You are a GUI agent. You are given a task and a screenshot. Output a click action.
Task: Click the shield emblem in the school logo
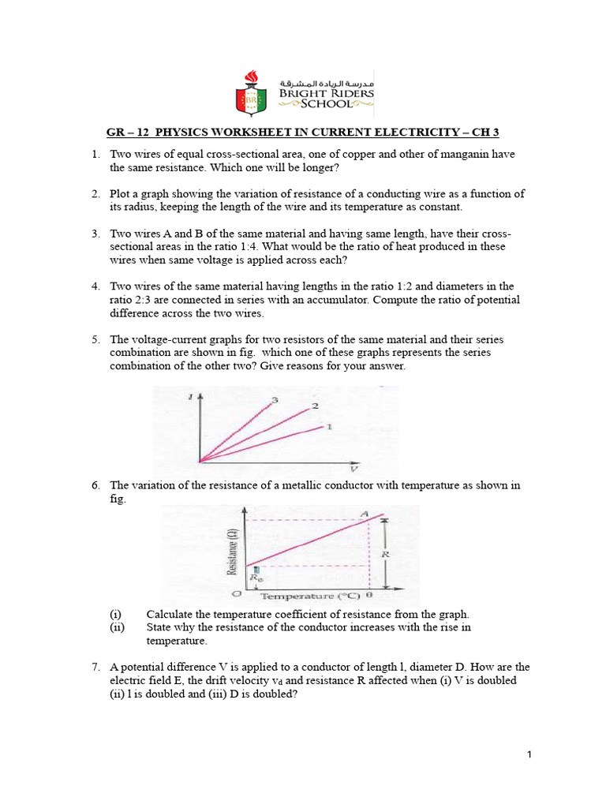pos(252,95)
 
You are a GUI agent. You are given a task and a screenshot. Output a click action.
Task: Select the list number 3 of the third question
pos(95,234)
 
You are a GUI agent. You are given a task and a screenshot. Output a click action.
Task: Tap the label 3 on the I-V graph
pos(275,400)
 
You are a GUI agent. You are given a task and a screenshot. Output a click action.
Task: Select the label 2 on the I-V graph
pos(314,406)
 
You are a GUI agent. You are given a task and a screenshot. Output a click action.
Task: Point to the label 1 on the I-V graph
pos(329,426)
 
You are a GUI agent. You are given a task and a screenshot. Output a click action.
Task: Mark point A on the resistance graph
pos(365,514)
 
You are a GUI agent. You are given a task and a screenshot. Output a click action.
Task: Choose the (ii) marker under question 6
pos(115,627)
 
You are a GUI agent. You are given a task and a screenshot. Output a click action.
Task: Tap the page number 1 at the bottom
pos(529,755)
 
